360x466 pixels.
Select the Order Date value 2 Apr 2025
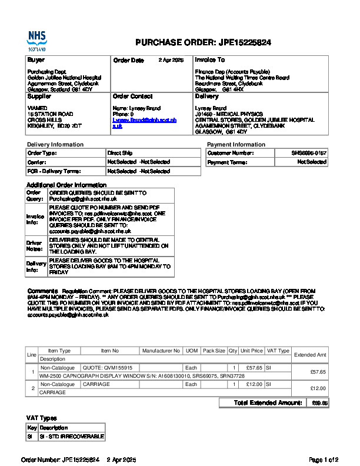click(x=171, y=60)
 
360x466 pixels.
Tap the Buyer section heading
click(x=36, y=60)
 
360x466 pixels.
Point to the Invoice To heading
click(x=209, y=60)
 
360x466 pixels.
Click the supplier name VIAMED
click(x=36, y=108)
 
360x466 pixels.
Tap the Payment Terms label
click(x=226, y=162)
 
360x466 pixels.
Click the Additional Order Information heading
click(x=65, y=185)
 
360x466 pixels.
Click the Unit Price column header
click(x=252, y=351)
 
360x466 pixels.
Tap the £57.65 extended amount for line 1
click(x=318, y=371)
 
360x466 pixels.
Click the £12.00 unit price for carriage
click(x=254, y=384)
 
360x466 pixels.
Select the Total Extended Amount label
click(x=268, y=403)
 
